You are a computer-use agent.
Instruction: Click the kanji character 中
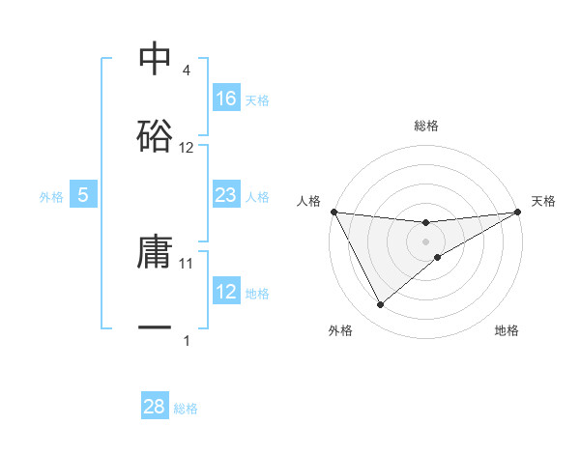[x=155, y=59]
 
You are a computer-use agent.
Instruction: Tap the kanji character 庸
[x=155, y=252]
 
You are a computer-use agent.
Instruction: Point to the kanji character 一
[x=155, y=328]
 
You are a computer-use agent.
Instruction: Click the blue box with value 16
[x=226, y=98]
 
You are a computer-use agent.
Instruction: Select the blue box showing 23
[x=226, y=195]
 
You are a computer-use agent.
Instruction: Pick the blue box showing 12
[x=226, y=292]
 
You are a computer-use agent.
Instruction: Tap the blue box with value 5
[x=83, y=195]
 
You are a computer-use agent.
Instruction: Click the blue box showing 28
[x=155, y=407]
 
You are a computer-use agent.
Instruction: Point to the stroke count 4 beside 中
[x=186, y=71]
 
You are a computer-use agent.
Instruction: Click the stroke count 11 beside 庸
[x=187, y=263]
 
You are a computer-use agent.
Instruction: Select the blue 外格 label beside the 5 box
[x=51, y=196]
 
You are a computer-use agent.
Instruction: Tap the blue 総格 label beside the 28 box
[x=187, y=409]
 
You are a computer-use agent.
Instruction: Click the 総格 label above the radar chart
[x=426, y=126]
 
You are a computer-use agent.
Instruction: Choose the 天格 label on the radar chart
[x=543, y=201]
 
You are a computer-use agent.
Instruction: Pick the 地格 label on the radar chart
[x=507, y=331]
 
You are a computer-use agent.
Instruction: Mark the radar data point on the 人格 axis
[x=333, y=212]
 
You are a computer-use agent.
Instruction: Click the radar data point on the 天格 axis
[x=519, y=212]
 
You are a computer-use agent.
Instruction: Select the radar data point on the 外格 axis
[x=380, y=305]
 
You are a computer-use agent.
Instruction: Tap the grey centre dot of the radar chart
[x=426, y=241]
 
